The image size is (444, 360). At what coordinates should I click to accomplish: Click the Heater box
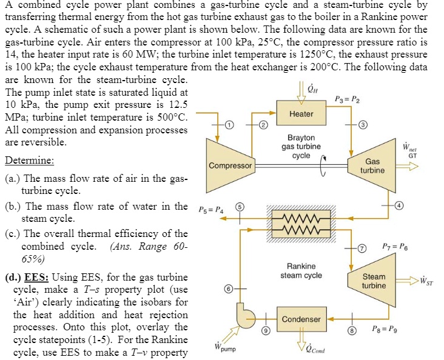point(301,113)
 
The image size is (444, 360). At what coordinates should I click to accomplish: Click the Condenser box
point(301,319)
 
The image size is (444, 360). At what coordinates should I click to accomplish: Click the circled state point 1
point(229,125)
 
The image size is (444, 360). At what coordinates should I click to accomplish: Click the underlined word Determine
point(29,161)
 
